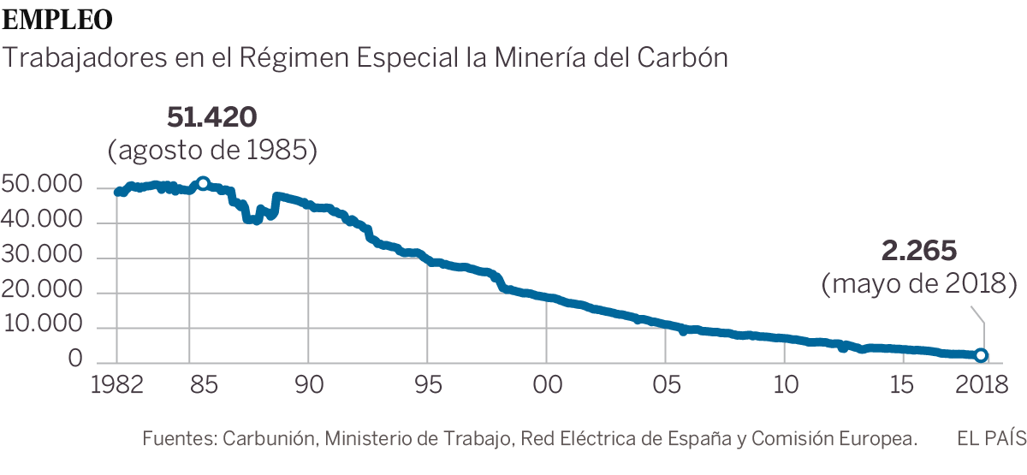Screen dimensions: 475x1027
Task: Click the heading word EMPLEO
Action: [57, 18]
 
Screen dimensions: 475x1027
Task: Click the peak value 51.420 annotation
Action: [212, 117]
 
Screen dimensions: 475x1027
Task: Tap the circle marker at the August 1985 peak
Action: [203, 183]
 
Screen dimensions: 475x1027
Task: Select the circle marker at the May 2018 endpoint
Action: [982, 355]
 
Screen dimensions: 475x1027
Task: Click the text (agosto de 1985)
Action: [213, 151]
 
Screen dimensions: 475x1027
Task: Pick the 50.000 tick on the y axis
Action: [42, 186]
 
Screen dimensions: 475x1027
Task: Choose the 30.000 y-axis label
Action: [42, 256]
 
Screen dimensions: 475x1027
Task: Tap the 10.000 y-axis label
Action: [42, 326]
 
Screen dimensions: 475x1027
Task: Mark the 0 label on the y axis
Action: [75, 361]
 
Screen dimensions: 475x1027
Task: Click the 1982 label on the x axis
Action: [116, 384]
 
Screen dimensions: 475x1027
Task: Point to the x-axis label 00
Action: [546, 384]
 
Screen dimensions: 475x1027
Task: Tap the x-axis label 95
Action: [428, 384]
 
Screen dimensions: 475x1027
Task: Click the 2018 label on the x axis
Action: [981, 384]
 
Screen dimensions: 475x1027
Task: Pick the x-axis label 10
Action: [783, 384]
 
